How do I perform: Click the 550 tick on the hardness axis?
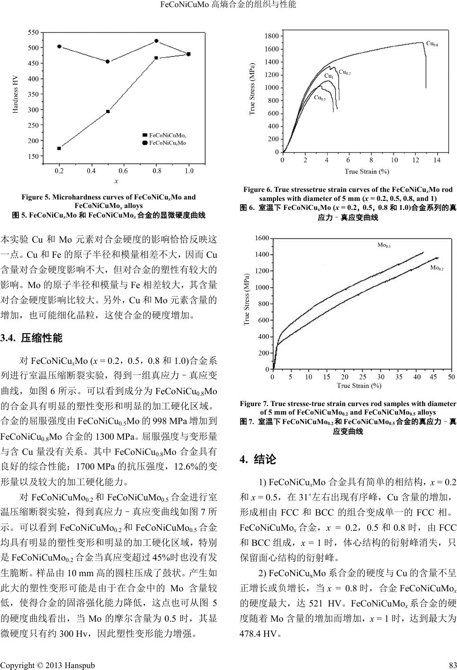[x=33, y=32]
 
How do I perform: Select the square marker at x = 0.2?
[x=59, y=148]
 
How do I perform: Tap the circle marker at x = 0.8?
[x=156, y=41]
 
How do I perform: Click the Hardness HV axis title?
[x=16, y=95]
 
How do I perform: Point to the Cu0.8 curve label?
[x=431, y=44]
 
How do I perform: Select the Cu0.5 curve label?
[x=320, y=98]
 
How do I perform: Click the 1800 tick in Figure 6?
[x=271, y=36]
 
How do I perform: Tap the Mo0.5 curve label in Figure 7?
[x=384, y=245]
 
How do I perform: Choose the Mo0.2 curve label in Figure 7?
[x=436, y=268]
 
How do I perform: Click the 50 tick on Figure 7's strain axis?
[x=451, y=377]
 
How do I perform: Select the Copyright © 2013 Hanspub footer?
[x=47, y=665]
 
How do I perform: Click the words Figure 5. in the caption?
[x=36, y=197]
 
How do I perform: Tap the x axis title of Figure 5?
[x=116, y=181]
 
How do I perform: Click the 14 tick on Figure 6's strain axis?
[x=437, y=160]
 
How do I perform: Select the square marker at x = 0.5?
[x=108, y=111]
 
